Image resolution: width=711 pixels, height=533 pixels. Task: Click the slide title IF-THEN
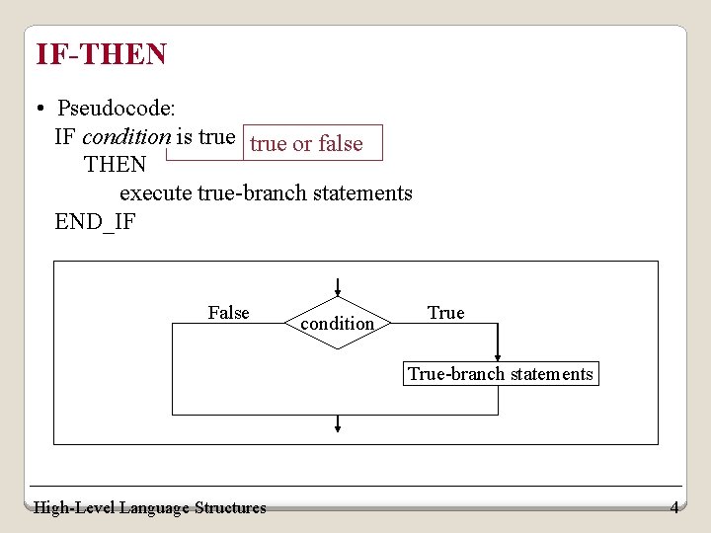click(101, 54)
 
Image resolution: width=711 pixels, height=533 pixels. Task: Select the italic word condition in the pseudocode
click(126, 136)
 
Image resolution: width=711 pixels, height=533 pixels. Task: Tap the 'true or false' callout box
click(306, 143)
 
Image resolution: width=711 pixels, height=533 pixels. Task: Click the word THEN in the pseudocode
click(115, 164)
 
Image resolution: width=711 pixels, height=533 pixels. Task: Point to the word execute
click(155, 192)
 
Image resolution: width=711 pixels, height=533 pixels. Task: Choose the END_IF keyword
click(95, 221)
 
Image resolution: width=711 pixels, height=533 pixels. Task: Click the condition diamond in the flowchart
click(338, 323)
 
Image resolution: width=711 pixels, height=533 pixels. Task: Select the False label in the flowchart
click(228, 313)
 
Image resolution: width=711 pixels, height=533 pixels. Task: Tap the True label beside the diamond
click(445, 313)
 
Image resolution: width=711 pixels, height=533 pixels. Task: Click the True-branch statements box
click(501, 374)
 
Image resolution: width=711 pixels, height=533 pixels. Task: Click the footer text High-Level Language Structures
click(149, 507)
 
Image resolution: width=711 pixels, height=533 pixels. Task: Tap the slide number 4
click(674, 507)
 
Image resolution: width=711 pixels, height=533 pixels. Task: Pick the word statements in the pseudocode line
click(362, 192)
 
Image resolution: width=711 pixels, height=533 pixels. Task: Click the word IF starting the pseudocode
click(65, 136)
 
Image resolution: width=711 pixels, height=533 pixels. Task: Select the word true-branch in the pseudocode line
click(252, 192)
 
